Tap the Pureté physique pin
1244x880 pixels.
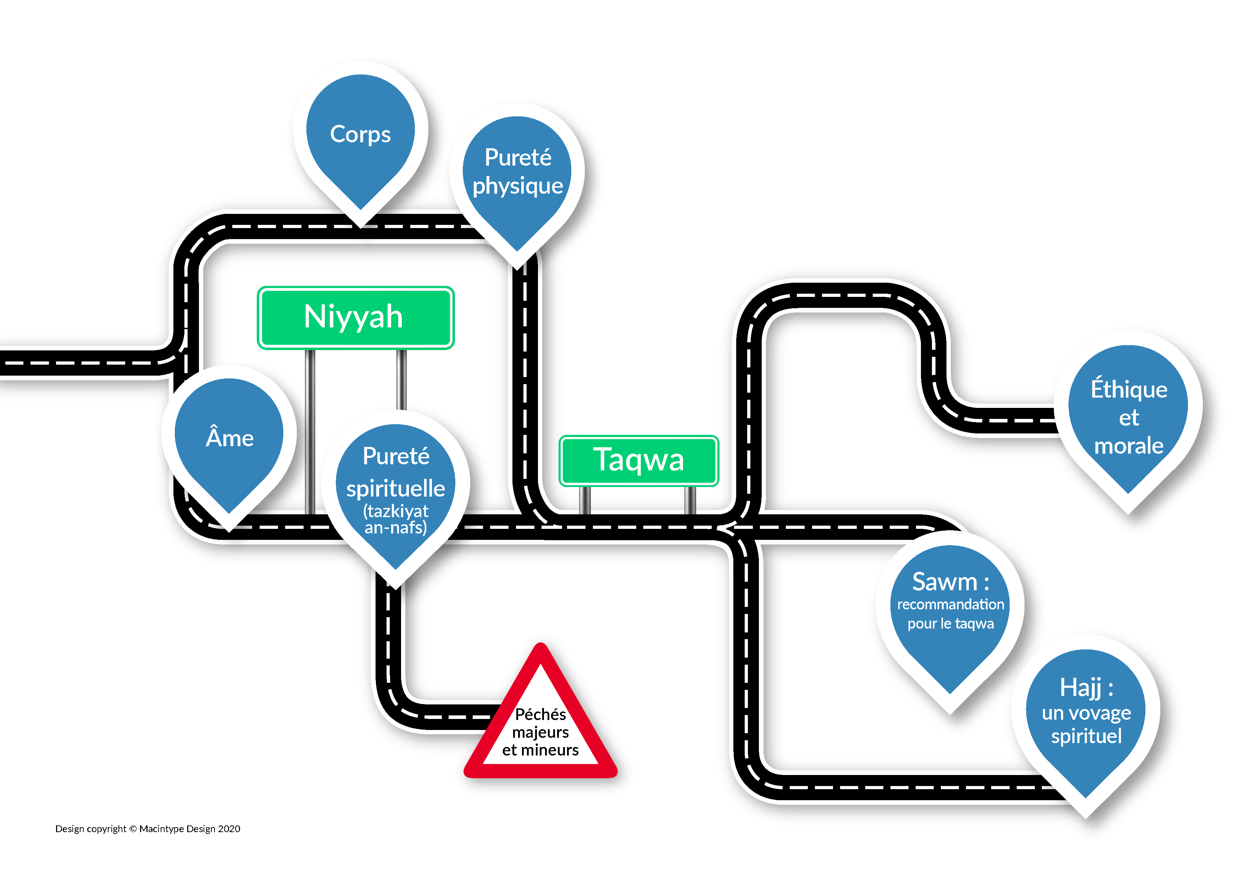[x=517, y=173]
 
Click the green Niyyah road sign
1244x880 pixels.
[x=355, y=317]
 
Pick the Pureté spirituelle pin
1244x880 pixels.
[x=395, y=488]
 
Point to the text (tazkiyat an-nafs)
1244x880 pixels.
[x=395, y=519]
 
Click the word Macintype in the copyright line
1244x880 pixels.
[x=161, y=829]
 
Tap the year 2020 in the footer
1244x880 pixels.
[x=229, y=829]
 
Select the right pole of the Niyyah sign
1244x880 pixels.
[x=401, y=379]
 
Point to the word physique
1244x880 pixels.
[x=517, y=186]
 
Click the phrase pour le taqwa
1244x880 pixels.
[x=950, y=623]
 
